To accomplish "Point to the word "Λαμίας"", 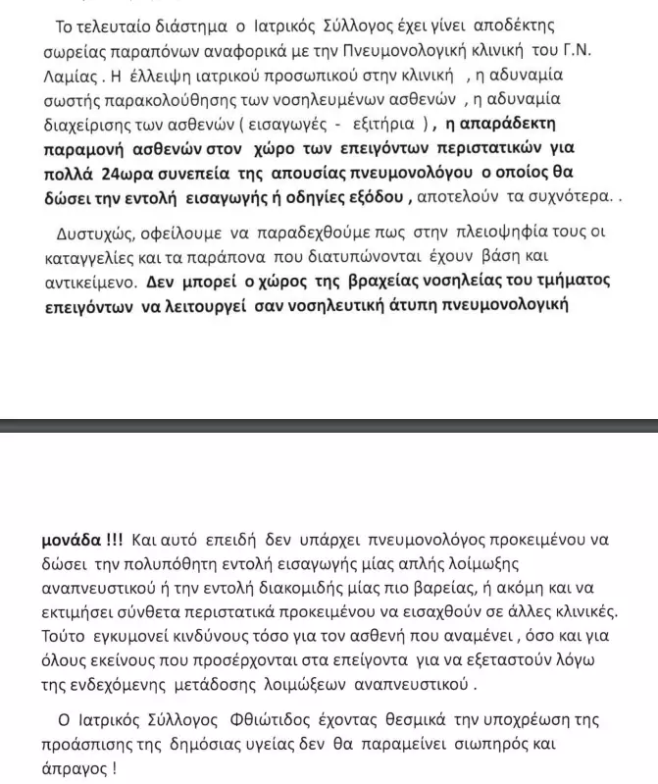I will point(61,74).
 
